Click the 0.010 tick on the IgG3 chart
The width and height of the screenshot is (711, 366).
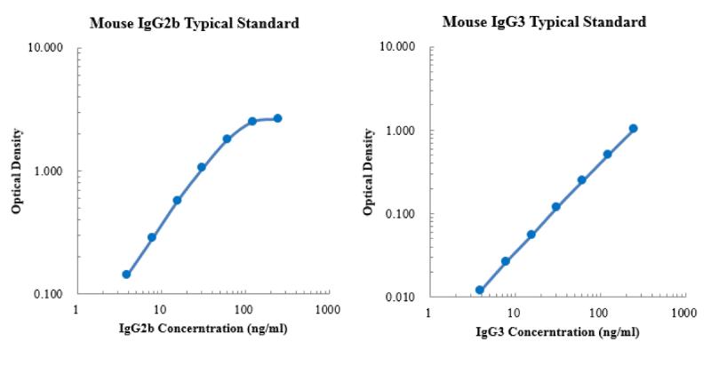click(400, 297)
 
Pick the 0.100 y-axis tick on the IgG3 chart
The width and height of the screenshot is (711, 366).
click(400, 214)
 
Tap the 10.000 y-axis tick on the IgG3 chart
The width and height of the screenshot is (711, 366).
click(397, 47)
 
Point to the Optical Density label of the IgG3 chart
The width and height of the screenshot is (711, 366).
click(368, 171)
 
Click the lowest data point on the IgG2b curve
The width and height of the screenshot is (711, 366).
click(126, 274)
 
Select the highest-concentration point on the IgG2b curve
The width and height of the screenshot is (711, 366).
click(277, 118)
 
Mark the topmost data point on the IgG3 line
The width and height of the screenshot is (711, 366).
click(633, 128)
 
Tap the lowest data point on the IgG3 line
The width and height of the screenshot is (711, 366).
click(480, 290)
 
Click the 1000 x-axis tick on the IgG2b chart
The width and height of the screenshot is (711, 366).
click(327, 309)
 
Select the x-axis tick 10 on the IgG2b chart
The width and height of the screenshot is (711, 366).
click(160, 309)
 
